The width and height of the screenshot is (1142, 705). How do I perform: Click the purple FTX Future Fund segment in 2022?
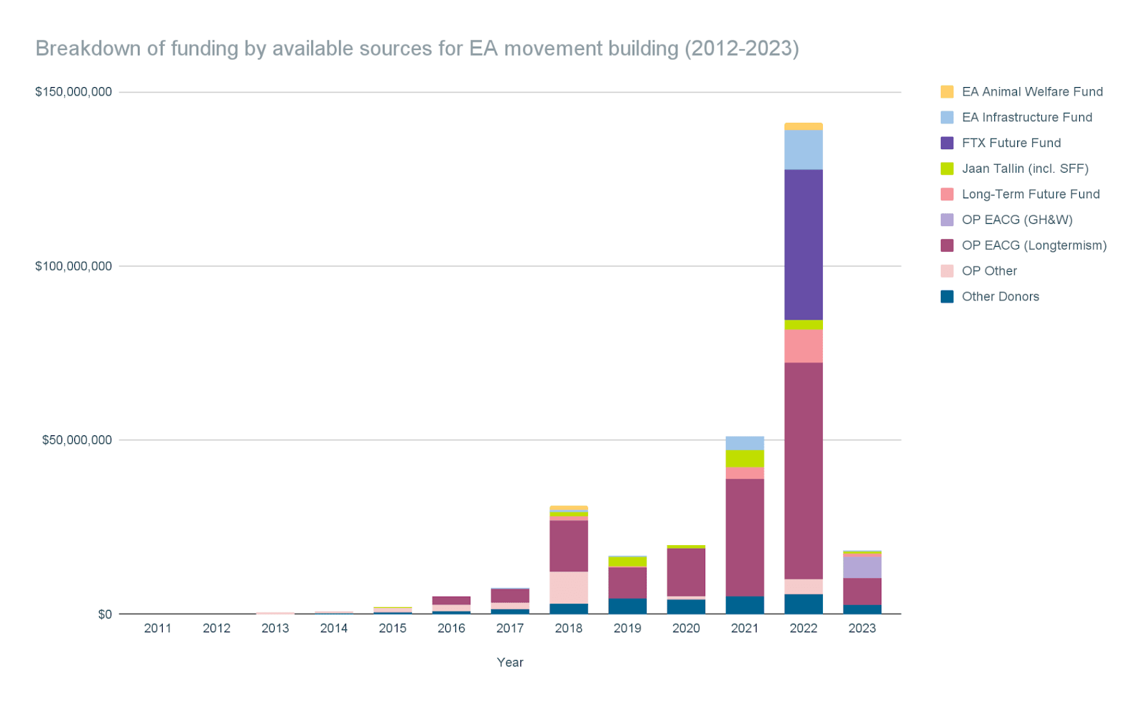(803, 244)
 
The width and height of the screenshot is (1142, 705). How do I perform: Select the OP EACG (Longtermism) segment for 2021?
(744, 537)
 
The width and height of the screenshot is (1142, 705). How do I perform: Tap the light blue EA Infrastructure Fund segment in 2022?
(803, 149)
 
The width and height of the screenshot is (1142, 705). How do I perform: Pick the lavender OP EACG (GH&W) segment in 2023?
(861, 566)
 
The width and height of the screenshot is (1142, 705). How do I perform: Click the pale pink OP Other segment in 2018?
(569, 587)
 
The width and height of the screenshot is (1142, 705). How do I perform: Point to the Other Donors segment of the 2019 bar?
(627, 606)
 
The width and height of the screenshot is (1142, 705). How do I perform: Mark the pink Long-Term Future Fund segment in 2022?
(803, 345)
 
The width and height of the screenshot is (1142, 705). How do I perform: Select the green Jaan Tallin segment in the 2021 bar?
(744, 458)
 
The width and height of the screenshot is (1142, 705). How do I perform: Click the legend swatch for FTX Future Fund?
(947, 143)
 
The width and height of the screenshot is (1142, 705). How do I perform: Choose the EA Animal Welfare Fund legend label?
(1032, 91)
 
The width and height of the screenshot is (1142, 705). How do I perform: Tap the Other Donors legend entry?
(1000, 296)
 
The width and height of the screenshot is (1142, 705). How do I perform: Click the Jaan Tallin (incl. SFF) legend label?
(1025, 168)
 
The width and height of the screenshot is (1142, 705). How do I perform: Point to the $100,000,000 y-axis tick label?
(74, 266)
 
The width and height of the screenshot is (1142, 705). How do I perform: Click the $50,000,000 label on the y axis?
(77, 440)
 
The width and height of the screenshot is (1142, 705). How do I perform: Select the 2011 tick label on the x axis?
(158, 628)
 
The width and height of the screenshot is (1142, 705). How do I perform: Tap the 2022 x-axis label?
(803, 628)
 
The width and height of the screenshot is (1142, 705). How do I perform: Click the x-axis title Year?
(510, 662)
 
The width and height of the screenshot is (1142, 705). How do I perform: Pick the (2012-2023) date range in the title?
(742, 49)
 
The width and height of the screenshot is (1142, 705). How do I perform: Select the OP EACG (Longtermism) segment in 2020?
(686, 572)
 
